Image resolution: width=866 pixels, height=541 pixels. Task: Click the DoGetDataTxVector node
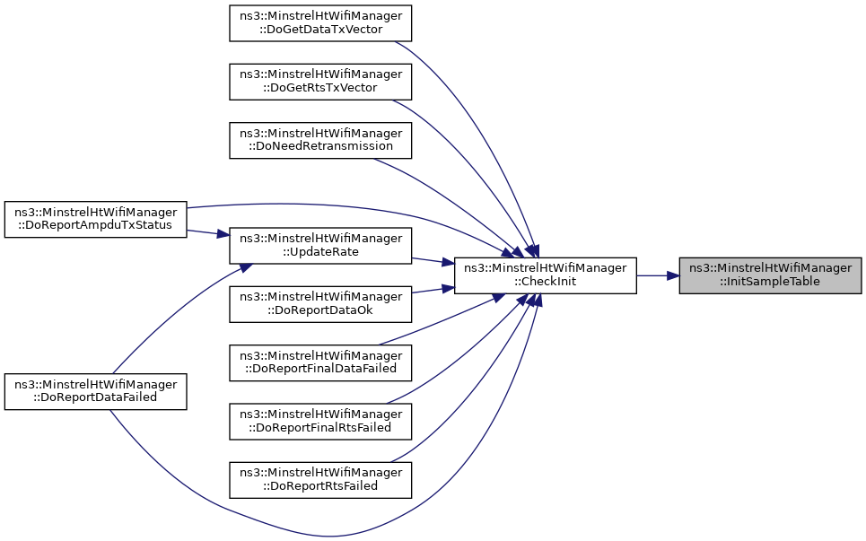tap(320, 22)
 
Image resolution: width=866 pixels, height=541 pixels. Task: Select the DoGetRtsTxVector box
tap(320, 81)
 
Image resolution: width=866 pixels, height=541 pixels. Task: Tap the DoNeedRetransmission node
tap(320, 140)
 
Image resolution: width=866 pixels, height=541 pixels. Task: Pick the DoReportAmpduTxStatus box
tap(95, 219)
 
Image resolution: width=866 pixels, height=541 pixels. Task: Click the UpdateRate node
tap(320, 246)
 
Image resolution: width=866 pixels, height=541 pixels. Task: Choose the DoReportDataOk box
tap(320, 303)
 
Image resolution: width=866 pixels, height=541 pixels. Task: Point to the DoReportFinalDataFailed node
tap(320, 362)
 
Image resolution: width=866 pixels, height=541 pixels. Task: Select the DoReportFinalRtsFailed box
tap(320, 421)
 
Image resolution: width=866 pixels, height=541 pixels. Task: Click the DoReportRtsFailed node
tap(320, 480)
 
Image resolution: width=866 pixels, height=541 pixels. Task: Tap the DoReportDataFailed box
tap(95, 391)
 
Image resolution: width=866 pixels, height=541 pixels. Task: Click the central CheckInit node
tap(545, 275)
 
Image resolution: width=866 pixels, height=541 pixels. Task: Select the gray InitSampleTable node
tap(770, 275)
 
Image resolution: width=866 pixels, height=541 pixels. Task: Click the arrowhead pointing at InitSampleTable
tap(672, 275)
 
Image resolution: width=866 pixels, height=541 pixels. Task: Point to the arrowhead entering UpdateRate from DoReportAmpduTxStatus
tap(223, 235)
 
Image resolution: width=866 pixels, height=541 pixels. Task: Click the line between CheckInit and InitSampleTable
tap(658, 275)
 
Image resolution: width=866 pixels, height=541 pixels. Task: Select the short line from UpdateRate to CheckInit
tap(433, 261)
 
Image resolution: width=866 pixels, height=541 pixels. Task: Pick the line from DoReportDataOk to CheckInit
tap(433, 290)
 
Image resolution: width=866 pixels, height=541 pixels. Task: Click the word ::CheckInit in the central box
tap(545, 282)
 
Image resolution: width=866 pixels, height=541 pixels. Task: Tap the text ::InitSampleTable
tap(770, 282)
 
